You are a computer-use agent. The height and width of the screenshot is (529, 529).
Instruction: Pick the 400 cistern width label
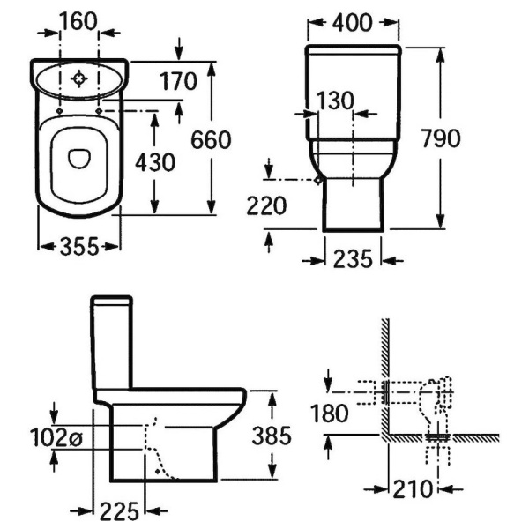point(354,22)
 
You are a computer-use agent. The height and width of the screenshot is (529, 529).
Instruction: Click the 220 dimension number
point(268,206)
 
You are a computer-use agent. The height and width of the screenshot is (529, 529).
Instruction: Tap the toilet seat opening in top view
point(79,157)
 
